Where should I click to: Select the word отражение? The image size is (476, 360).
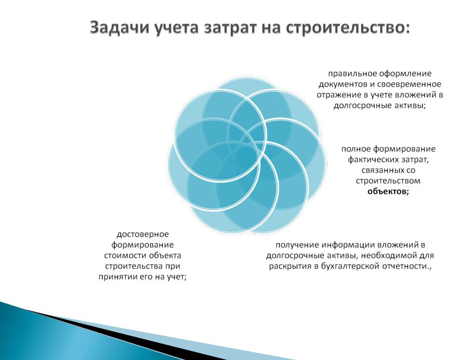[336, 95]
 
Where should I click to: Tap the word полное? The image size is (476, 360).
[356, 149]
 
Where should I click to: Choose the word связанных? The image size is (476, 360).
[381, 171]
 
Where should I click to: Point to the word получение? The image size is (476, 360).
[297, 245]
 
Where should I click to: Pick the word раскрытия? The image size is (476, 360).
[289, 266]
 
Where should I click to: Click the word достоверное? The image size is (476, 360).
[143, 234]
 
